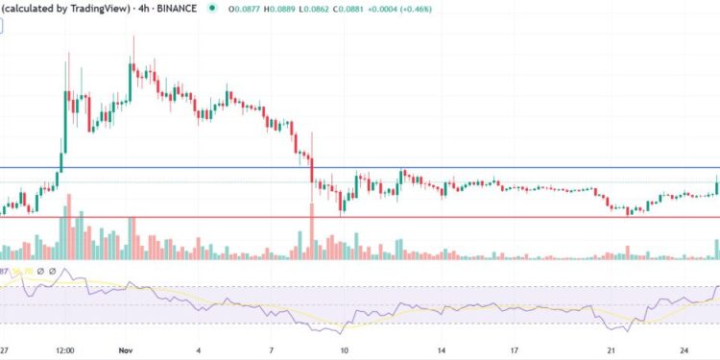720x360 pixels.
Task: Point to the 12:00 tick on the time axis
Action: (x=65, y=351)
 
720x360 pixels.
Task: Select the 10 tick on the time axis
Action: (x=345, y=351)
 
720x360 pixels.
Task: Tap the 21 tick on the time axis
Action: (x=612, y=351)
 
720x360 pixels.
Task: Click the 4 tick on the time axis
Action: (x=199, y=351)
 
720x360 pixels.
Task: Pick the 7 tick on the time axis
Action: (x=272, y=351)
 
